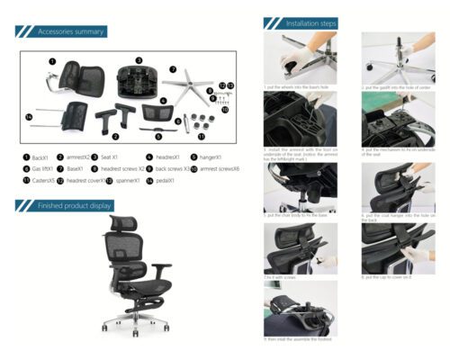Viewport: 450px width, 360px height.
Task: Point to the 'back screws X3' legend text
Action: pos(172,168)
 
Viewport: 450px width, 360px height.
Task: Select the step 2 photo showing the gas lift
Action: pos(391,58)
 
